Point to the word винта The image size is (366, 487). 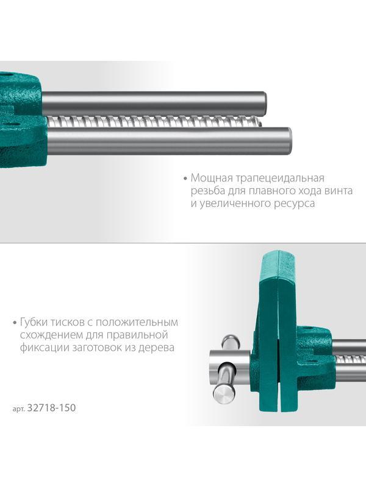coord(340,191)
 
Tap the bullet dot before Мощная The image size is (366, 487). coord(185,178)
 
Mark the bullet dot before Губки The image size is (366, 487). coord(14,323)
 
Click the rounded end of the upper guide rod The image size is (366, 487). coord(265,103)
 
